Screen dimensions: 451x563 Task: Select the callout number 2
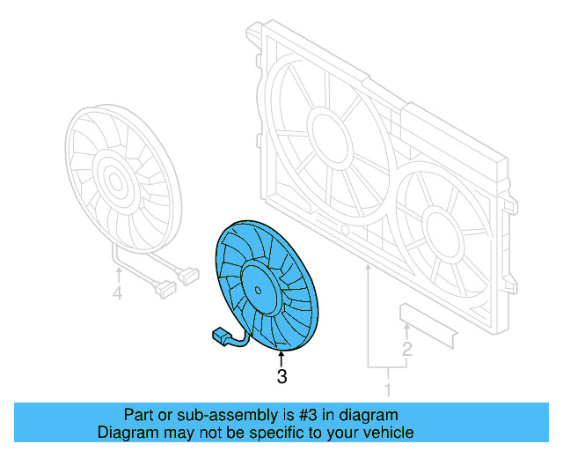[x=406, y=350]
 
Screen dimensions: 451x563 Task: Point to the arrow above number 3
[x=281, y=359]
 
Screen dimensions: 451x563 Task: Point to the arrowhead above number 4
[x=117, y=268]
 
